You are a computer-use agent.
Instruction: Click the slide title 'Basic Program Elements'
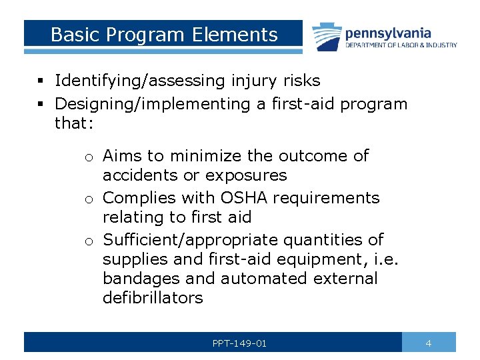164,35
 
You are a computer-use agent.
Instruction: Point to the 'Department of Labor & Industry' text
401,45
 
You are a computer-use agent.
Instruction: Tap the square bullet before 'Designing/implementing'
41,105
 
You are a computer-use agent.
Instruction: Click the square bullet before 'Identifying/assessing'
41,82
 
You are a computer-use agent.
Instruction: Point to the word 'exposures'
246,176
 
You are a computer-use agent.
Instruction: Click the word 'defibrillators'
153,298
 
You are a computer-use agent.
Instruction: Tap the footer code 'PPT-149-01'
239,343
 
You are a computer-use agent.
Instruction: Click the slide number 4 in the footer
429,343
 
